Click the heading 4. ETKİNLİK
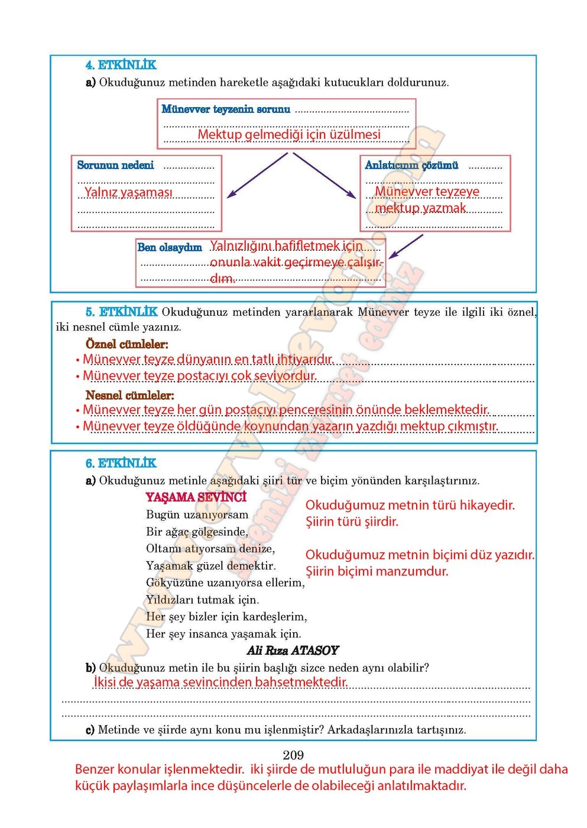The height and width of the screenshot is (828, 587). pyautogui.click(x=121, y=65)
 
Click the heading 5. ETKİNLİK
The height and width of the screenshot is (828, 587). pyautogui.click(x=122, y=312)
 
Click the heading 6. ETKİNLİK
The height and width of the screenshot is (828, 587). pyautogui.click(x=121, y=463)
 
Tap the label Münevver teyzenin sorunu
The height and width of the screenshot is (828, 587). pyautogui.click(x=226, y=109)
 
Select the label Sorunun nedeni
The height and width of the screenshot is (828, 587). pyautogui.click(x=115, y=166)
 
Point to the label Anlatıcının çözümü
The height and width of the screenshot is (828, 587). pyautogui.click(x=411, y=166)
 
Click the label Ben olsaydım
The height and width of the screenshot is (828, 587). pyautogui.click(x=170, y=247)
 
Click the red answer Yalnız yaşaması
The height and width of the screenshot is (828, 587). pyautogui.click(x=128, y=192)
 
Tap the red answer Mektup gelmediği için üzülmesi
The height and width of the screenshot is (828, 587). pyautogui.click(x=289, y=135)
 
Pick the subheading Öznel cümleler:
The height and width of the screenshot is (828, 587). pyautogui.click(x=127, y=344)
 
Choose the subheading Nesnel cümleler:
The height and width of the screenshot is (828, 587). pyautogui.click(x=130, y=395)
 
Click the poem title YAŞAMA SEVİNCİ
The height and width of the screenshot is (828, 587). pyautogui.click(x=196, y=497)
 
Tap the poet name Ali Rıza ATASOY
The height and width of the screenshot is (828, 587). pyautogui.click(x=293, y=651)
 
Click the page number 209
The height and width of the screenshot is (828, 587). pyautogui.click(x=293, y=755)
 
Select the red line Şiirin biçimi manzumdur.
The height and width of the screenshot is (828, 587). pyautogui.click(x=377, y=571)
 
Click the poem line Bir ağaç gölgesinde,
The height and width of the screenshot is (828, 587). pyautogui.click(x=197, y=532)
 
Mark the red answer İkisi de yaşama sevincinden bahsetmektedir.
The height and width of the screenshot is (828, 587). pyautogui.click(x=220, y=682)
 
